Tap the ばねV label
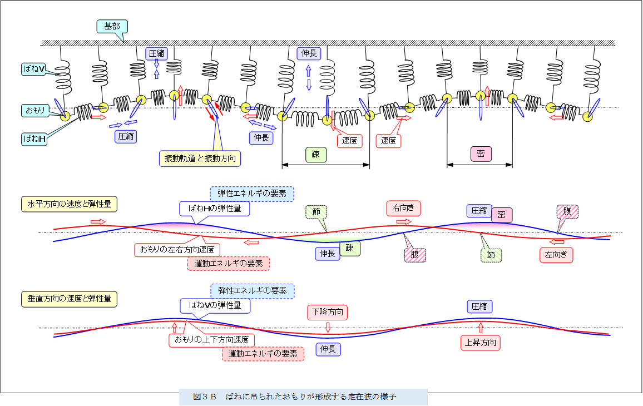(x=34, y=69)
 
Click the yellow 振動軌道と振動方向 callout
(x=200, y=158)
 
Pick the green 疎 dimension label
(x=315, y=154)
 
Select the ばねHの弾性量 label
(x=214, y=209)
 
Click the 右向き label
(x=403, y=209)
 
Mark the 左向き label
(x=556, y=255)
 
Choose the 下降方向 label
(x=328, y=313)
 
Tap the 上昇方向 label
(x=481, y=342)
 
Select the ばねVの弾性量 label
(x=215, y=305)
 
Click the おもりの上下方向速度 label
(x=211, y=339)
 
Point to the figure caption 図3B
(x=303, y=397)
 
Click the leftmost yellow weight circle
(x=65, y=116)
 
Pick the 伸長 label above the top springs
(x=309, y=53)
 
